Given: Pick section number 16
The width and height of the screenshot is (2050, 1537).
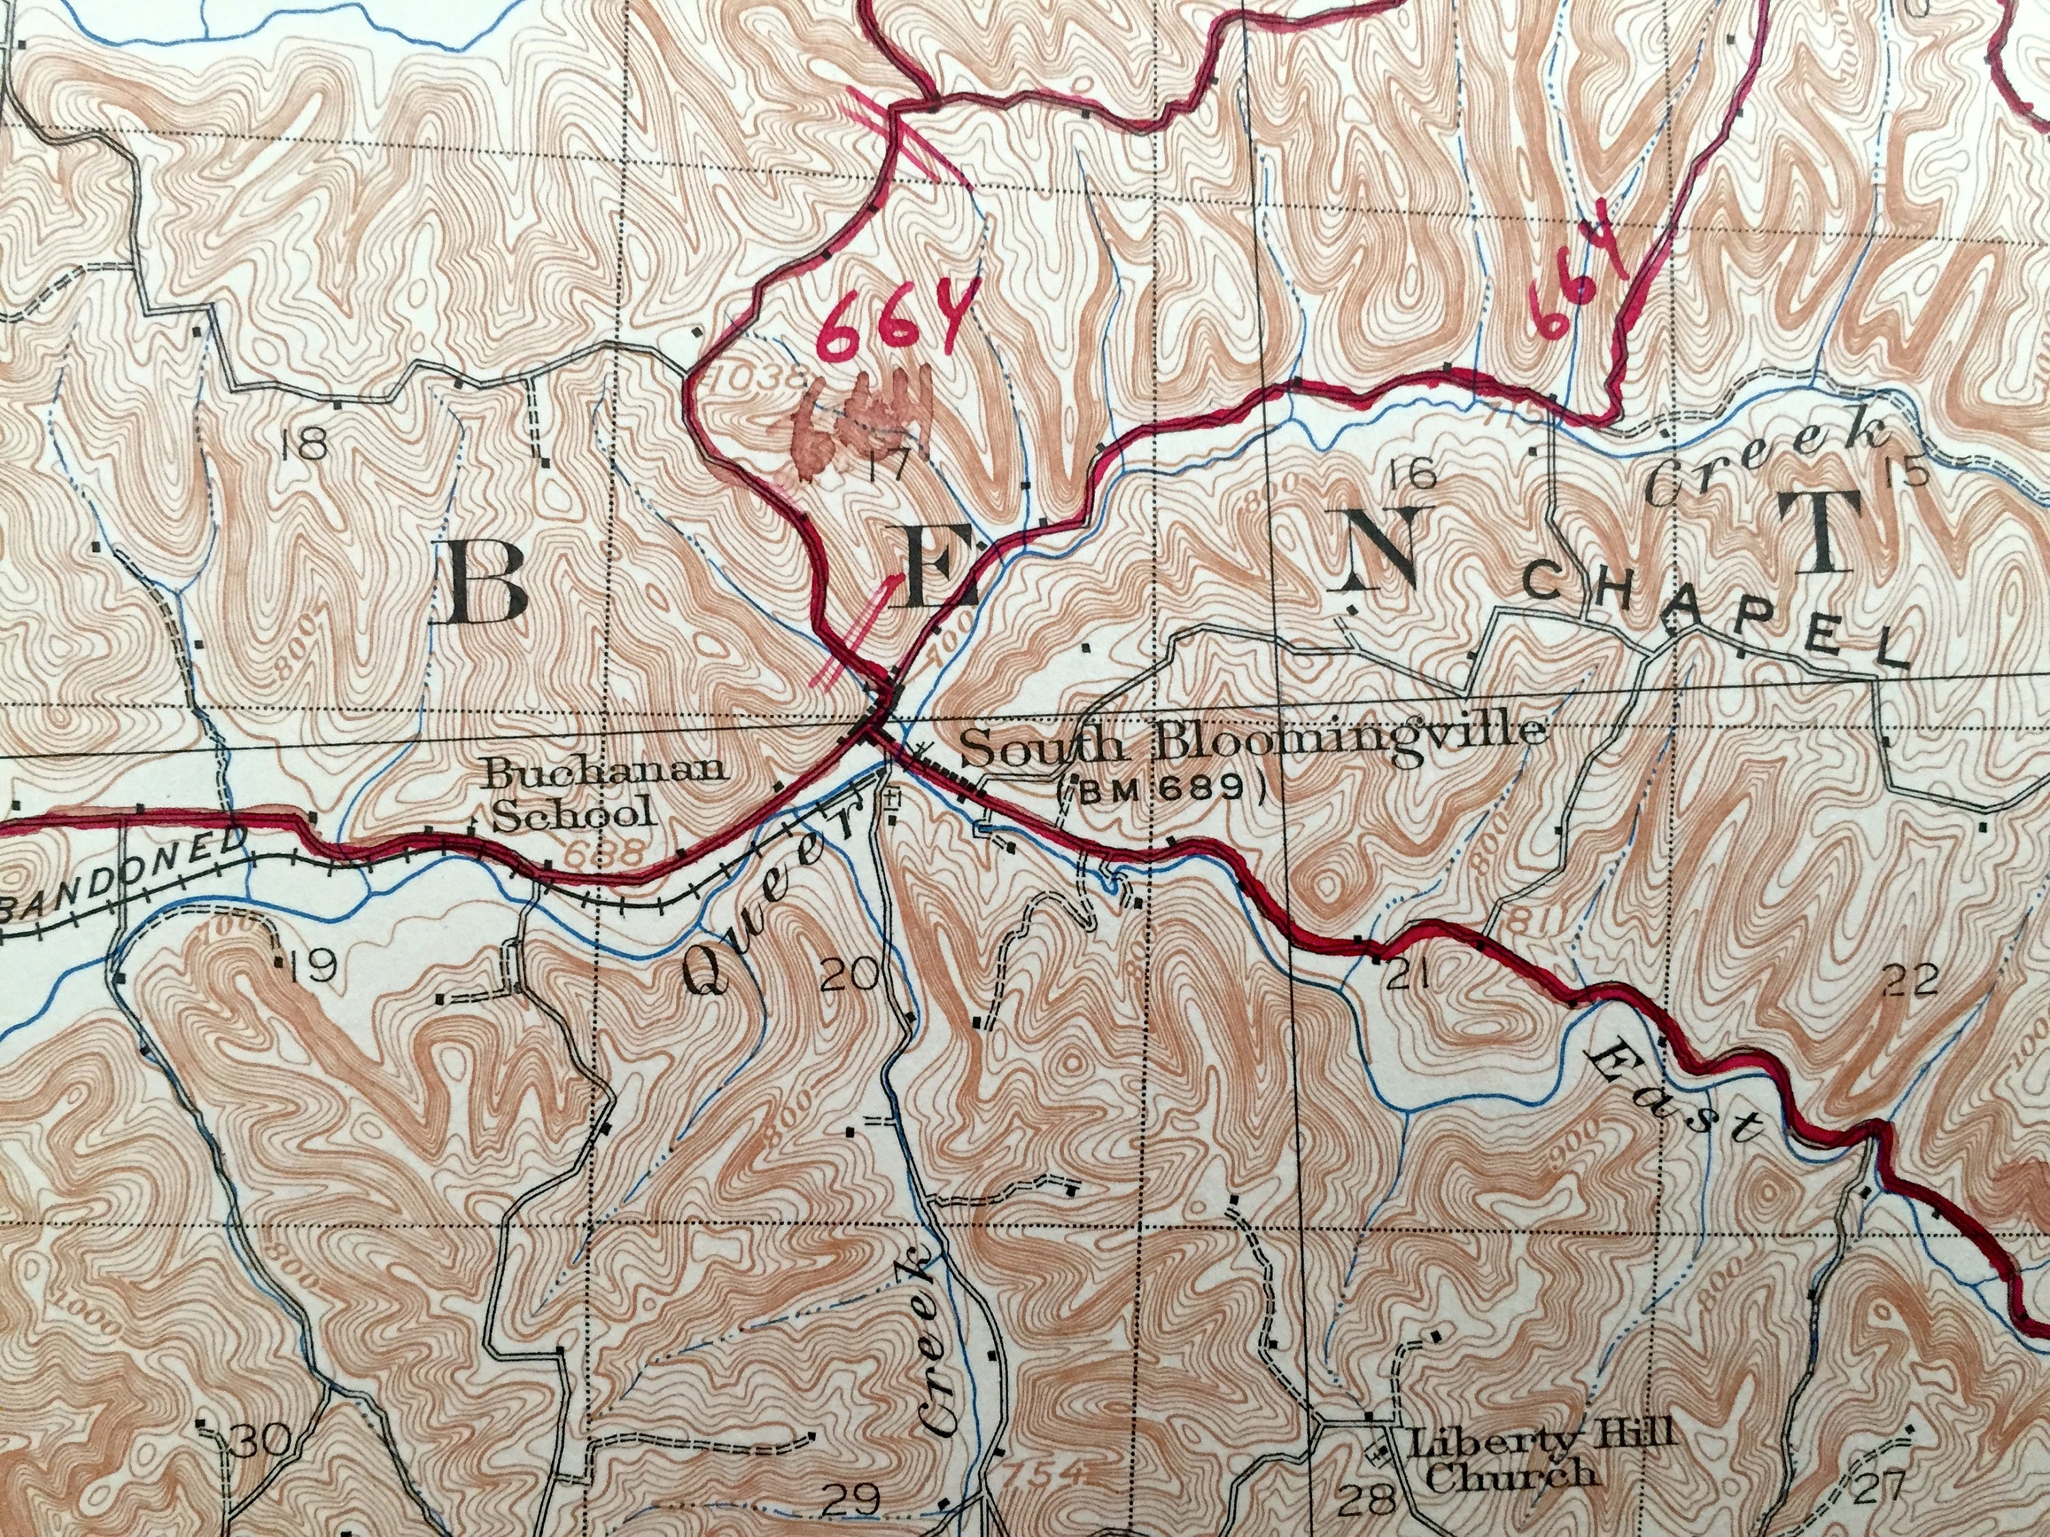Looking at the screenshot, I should point(1413,474).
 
